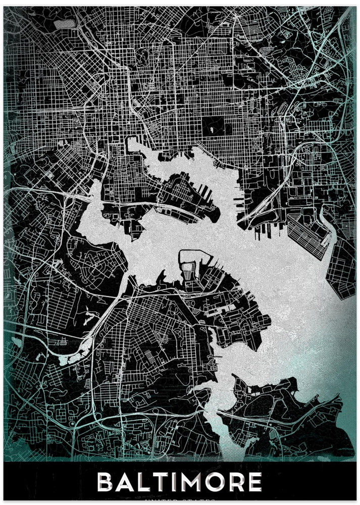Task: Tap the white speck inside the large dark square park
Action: tap(212, 130)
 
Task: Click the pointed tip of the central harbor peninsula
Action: tap(217, 215)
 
